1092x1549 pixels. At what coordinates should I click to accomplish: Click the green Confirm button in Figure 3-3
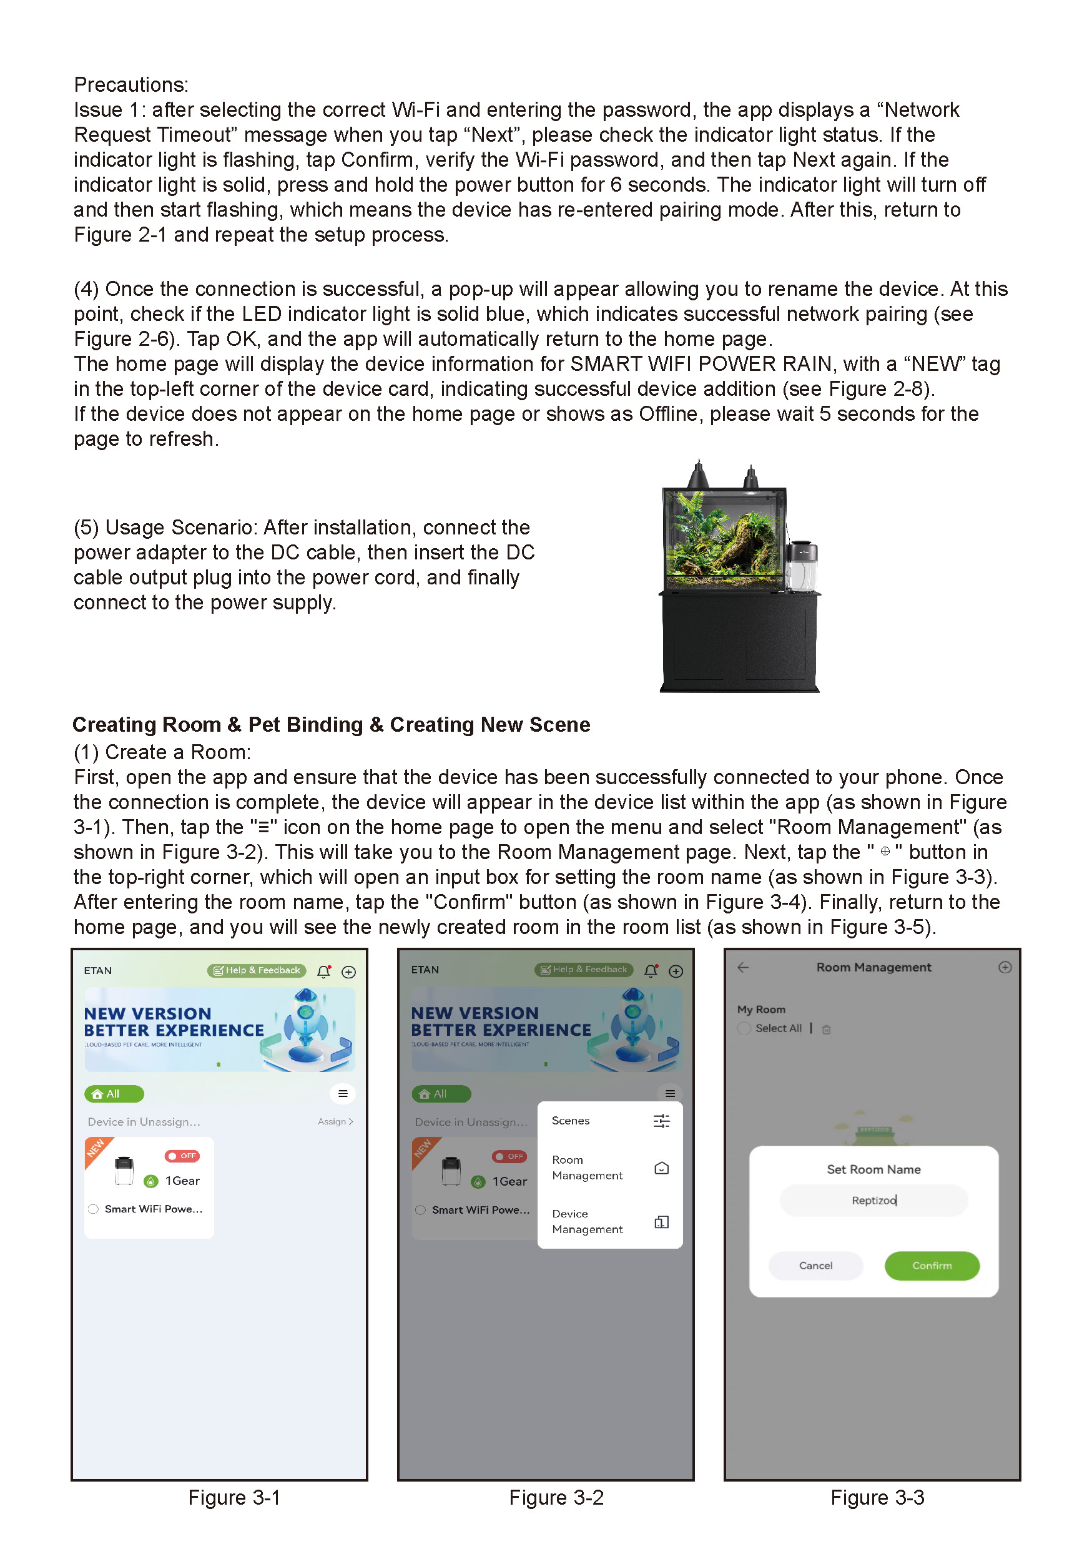(x=931, y=1265)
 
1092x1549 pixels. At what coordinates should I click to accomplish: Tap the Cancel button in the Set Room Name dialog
(x=815, y=1265)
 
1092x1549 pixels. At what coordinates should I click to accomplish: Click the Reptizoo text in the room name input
(x=873, y=1200)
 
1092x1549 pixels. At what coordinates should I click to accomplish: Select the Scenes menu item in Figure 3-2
(x=571, y=1121)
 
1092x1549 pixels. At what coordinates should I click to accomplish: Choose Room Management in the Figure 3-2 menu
(x=587, y=1167)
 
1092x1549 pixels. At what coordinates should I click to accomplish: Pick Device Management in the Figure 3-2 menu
(x=587, y=1221)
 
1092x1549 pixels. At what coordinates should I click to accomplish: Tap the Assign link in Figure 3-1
(x=335, y=1121)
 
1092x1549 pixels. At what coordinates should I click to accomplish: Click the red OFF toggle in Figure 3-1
(x=182, y=1156)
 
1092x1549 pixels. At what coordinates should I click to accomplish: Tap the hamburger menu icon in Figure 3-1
(x=343, y=1094)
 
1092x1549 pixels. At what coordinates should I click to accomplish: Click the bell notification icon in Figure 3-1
(x=324, y=971)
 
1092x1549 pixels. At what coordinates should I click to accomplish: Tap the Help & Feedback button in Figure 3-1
(x=257, y=970)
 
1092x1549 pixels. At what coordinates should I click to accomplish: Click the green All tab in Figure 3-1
(x=113, y=1094)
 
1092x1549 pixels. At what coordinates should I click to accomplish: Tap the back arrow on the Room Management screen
(x=742, y=968)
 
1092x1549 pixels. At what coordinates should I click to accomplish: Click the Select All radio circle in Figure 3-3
(x=744, y=1028)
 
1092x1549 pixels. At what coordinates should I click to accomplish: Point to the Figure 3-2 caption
(x=556, y=1497)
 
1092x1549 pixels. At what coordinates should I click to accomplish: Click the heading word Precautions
(x=131, y=85)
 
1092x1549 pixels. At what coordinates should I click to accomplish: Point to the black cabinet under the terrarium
(x=739, y=641)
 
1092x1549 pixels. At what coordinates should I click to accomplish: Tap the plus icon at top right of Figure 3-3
(x=1005, y=968)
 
